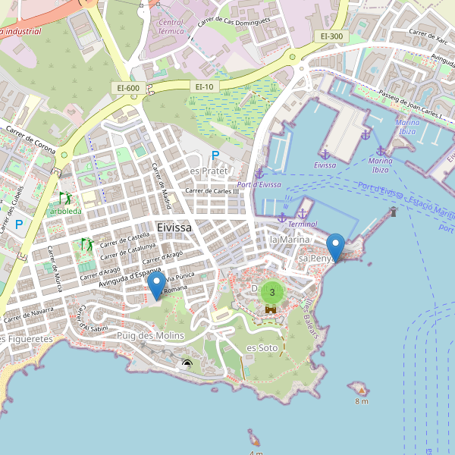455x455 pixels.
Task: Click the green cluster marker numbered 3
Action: [x=272, y=292]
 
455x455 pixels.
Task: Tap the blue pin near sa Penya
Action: [x=336, y=246]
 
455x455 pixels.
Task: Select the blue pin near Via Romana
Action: [x=157, y=285]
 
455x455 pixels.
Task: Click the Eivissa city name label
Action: [x=174, y=227]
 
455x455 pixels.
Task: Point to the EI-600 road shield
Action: [x=128, y=88]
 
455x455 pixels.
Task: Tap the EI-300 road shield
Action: [x=331, y=36]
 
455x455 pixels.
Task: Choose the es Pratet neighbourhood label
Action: [x=209, y=171]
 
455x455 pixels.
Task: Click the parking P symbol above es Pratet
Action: [x=215, y=155]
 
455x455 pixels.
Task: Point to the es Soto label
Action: [x=262, y=348]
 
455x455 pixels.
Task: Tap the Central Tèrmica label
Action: [x=171, y=28]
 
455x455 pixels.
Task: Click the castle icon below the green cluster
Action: [x=271, y=309]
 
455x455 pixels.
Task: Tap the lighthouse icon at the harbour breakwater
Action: [x=393, y=212]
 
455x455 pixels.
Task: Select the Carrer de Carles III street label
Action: [x=217, y=191]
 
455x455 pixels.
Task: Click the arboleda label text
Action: [x=66, y=210]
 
